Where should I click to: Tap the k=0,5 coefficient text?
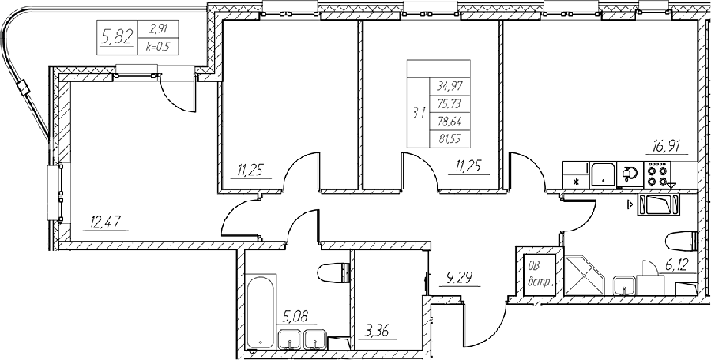point(158,47)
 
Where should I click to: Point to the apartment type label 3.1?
point(418,114)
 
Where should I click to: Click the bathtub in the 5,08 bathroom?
point(261,313)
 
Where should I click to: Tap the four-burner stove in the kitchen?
point(657,174)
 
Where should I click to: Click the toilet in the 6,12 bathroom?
point(683,240)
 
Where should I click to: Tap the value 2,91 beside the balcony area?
point(158,29)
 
